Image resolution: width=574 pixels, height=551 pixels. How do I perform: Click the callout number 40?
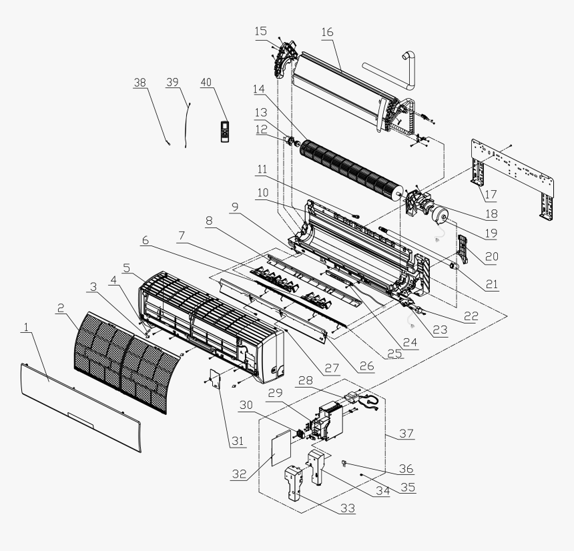point(206,81)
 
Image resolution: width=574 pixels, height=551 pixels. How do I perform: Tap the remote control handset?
point(224,131)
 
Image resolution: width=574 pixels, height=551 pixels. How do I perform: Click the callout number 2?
point(60,308)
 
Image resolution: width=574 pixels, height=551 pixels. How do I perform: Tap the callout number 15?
point(260,31)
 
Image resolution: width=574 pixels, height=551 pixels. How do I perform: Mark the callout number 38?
point(139,81)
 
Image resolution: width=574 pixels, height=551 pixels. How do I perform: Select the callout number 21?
point(491,284)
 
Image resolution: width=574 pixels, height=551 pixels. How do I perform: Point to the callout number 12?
point(260,128)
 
